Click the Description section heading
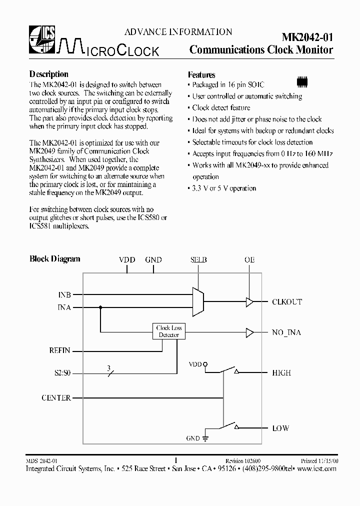click(x=48, y=74)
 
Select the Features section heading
click(x=201, y=74)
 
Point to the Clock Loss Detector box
click(x=169, y=331)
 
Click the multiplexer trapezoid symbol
click(x=198, y=301)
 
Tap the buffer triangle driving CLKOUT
click(x=249, y=301)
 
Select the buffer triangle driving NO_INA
click(x=249, y=332)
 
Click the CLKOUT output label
click(x=287, y=302)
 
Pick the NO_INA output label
click(x=286, y=332)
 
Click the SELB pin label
click(x=198, y=260)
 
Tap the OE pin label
click(x=249, y=260)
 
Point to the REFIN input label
click(x=59, y=350)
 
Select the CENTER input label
click(x=56, y=398)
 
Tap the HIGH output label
click(x=281, y=373)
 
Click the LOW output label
click(x=280, y=428)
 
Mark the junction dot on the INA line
click(x=100, y=308)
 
